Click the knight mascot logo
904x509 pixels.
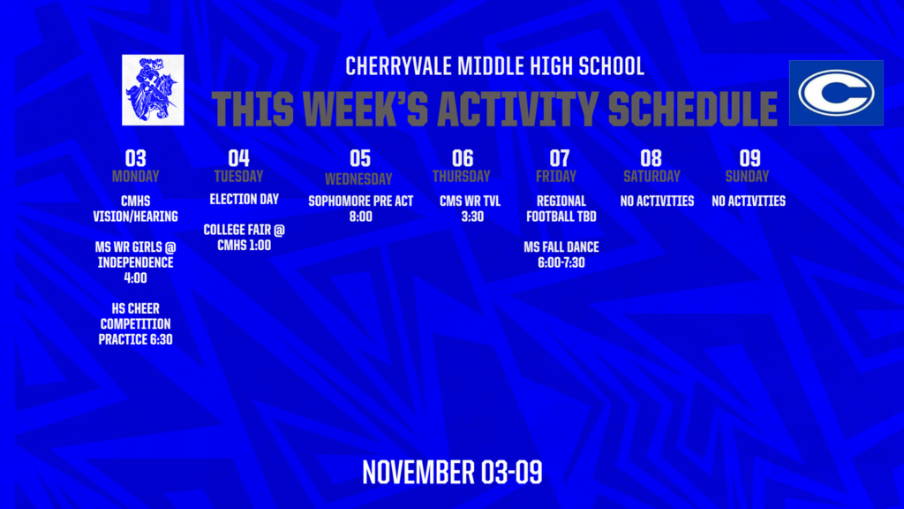point(153,89)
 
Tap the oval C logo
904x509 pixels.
point(835,93)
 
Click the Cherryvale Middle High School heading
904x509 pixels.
point(494,66)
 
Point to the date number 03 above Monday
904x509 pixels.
point(135,158)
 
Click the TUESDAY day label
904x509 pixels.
point(238,176)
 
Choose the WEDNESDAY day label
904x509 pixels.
point(358,179)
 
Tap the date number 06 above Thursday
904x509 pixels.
point(463,158)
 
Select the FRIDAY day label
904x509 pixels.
point(560,176)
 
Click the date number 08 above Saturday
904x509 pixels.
point(651,158)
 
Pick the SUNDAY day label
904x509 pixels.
point(748,176)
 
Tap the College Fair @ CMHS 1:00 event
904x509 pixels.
point(244,237)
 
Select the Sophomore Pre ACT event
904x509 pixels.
point(360,209)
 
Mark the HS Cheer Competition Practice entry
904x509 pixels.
point(135,323)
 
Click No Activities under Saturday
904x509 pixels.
point(657,201)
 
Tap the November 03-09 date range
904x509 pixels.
point(452,472)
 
